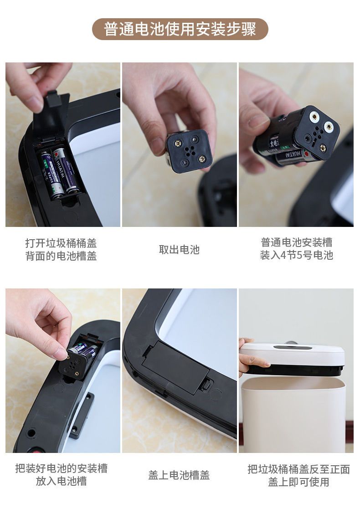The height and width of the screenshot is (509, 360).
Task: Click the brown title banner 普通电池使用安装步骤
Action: click(180, 29)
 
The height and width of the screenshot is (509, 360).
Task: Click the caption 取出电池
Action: click(179, 249)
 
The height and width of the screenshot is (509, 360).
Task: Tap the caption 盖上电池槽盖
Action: click(179, 475)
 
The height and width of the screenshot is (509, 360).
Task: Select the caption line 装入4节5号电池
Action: click(296, 255)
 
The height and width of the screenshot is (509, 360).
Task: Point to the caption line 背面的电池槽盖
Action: click(61, 256)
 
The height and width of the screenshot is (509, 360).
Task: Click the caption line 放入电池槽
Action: click(61, 481)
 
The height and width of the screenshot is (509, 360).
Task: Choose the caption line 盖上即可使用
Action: click(298, 482)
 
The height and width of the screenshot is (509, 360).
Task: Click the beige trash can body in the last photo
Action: click(294, 415)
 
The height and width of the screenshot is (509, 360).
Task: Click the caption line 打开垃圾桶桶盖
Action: click(61, 243)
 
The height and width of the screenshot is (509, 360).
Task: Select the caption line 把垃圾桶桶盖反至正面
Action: click(298, 469)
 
